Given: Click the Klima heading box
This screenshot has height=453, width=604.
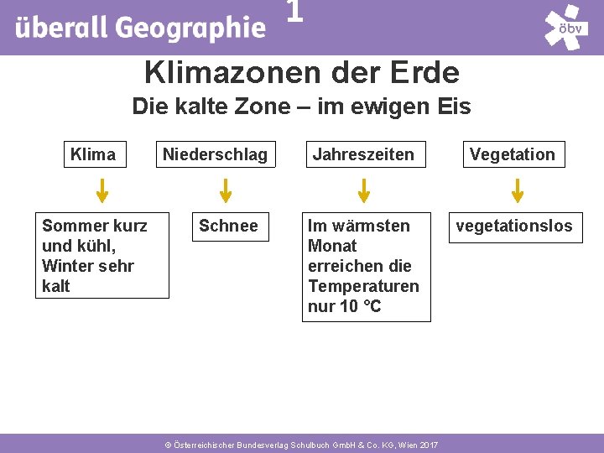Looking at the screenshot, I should pyautogui.click(x=93, y=154).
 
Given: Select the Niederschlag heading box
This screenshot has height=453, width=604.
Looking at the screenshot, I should pyautogui.click(x=215, y=154).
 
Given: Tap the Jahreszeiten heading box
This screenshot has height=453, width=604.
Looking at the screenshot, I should pyautogui.click(x=363, y=154).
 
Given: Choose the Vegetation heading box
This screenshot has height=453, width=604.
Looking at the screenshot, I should pyautogui.click(x=512, y=154).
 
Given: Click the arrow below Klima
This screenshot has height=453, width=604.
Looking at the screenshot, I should pyautogui.click(x=102, y=190).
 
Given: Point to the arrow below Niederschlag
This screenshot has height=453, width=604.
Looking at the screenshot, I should pyautogui.click(x=226, y=190).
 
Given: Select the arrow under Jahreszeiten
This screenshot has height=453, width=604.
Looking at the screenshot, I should pyautogui.click(x=364, y=190).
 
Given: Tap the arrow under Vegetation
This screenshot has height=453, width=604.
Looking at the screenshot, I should pyautogui.click(x=518, y=190).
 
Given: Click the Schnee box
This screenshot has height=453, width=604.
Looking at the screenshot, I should pyautogui.click(x=229, y=226).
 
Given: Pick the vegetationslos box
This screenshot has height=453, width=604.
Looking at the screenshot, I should pyautogui.click(x=514, y=226).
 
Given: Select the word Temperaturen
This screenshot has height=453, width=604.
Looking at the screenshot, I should pyautogui.click(x=363, y=286).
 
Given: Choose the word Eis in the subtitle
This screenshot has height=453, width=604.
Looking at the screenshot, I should pyautogui.click(x=454, y=107).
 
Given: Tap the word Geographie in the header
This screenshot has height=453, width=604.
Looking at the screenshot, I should pyautogui.click(x=190, y=28).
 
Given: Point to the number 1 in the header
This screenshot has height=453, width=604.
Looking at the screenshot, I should pyautogui.click(x=294, y=12).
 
